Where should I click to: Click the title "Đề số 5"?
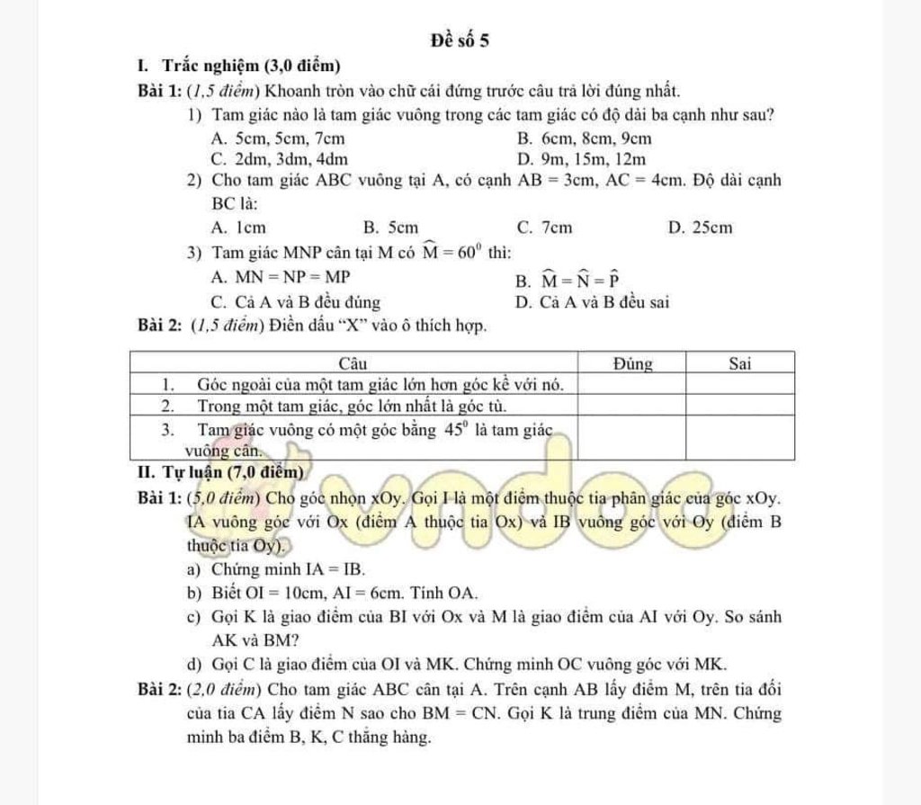coord(461,40)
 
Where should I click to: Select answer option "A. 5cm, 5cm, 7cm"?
coord(275,139)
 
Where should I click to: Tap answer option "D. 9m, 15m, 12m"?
coord(582,159)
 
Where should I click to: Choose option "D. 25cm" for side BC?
coord(701,228)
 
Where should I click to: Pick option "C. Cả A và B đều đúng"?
coord(293,301)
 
